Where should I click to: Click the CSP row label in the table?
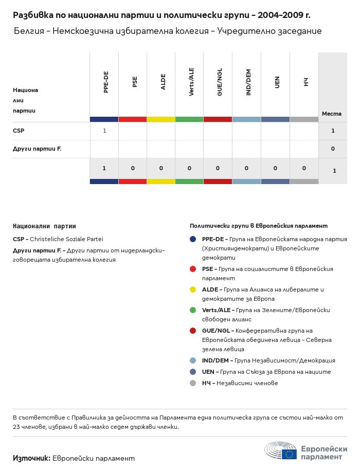19,131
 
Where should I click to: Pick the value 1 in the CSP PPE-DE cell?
104,131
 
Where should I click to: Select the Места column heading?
332,114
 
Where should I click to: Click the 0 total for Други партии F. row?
333,149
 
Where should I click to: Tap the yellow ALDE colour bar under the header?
161,119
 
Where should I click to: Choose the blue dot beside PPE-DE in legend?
193,239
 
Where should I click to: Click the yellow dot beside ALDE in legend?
193,289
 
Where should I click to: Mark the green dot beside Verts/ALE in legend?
193,310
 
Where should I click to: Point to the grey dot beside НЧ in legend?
193,383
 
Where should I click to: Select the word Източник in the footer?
31,458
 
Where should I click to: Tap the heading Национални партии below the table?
44,226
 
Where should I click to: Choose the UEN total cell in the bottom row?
276,168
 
